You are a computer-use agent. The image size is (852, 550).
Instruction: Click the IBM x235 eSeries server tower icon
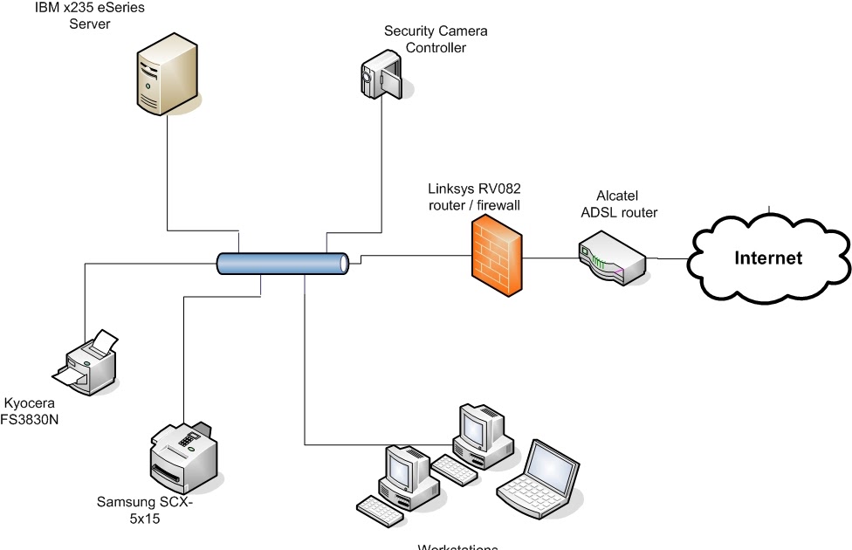[x=166, y=79]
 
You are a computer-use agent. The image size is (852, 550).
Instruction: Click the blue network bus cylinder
[x=283, y=262]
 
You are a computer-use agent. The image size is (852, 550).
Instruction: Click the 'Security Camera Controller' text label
[x=436, y=39]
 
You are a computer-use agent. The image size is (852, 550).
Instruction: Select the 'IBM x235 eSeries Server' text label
[x=90, y=16]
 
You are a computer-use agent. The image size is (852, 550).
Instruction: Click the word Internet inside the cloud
[x=768, y=258]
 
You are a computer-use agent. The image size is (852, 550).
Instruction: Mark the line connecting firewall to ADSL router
[x=550, y=258]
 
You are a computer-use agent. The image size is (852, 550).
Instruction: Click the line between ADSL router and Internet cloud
[x=668, y=258]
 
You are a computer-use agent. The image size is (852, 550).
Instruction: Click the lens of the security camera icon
[x=368, y=76]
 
